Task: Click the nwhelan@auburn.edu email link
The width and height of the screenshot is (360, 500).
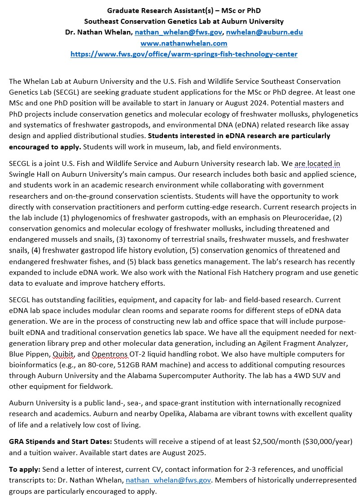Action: (264, 32)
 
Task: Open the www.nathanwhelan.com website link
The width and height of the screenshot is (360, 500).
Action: (184, 43)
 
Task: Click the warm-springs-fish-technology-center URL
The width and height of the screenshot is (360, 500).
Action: (184, 54)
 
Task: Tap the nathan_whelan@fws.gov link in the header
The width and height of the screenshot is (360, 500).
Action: (179, 32)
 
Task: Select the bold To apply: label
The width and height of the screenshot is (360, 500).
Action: (25, 470)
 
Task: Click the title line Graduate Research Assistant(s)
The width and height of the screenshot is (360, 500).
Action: (184, 10)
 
